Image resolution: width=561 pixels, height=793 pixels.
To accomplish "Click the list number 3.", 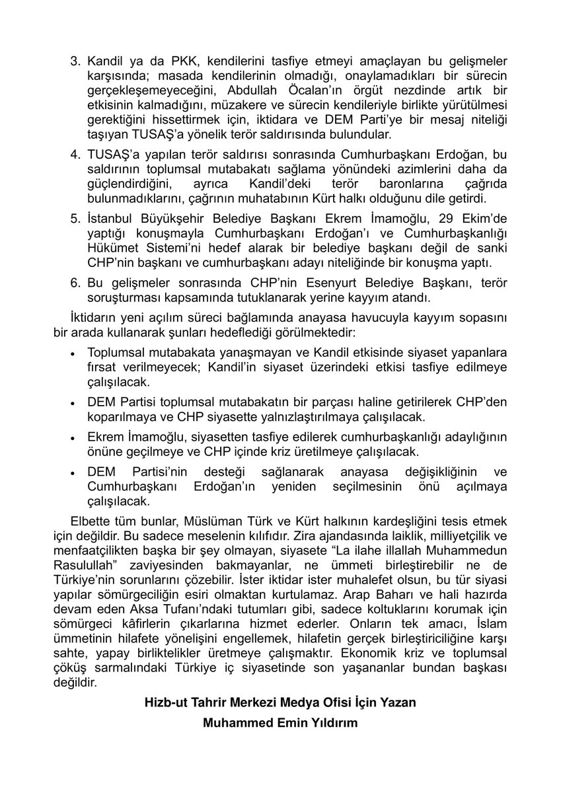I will point(75,61).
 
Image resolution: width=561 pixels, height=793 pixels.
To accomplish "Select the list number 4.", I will point(75,155).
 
